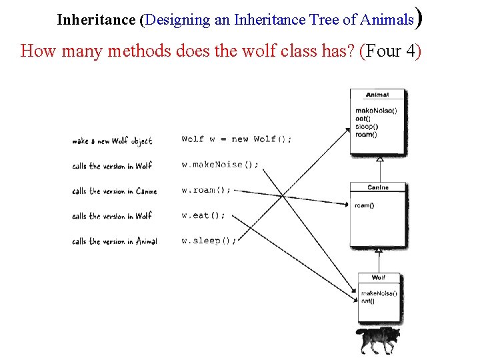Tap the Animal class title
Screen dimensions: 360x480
click(377, 95)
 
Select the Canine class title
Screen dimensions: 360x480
click(378, 187)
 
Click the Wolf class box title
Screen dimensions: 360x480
click(378, 277)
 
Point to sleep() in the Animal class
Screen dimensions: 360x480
click(367, 127)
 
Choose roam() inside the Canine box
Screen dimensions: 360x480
click(365, 205)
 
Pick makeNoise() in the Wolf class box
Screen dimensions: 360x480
click(379, 293)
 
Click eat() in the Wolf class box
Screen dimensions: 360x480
click(367, 301)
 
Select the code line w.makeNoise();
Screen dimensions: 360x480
click(220, 165)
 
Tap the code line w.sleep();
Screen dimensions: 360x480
click(209, 241)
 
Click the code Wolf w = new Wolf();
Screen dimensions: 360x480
click(236, 139)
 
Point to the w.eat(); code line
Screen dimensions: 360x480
click(203, 215)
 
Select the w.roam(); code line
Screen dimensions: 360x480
click(206, 190)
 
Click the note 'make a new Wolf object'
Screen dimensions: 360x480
click(112, 141)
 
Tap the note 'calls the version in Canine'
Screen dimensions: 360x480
click(115, 191)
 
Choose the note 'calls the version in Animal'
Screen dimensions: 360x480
click(115, 241)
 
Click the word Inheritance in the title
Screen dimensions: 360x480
click(96, 19)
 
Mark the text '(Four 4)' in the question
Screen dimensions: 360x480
click(391, 51)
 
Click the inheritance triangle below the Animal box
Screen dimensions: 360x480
click(379, 159)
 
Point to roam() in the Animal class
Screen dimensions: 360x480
click(366, 135)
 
